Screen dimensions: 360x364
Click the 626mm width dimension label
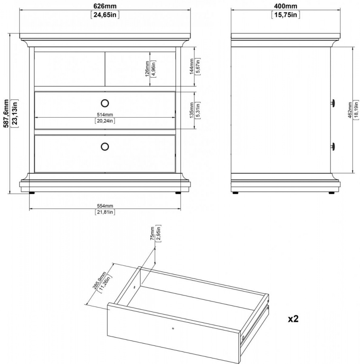pos(105,6)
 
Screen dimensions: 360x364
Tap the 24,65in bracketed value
pos(105,15)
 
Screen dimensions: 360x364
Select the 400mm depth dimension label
pos(286,6)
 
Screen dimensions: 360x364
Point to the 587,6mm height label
pos(6,114)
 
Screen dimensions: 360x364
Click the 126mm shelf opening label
pos(147,69)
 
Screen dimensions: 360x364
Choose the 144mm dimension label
pos(191,66)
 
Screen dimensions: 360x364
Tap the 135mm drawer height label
pos(191,110)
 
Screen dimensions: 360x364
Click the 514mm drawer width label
pos(105,115)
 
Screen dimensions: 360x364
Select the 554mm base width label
pos(105,206)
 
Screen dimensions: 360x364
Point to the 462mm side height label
pos(350,110)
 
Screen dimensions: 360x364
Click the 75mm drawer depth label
pos(152,233)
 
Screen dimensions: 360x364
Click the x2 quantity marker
pos(293,319)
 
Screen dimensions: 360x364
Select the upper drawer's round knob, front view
pos(105,103)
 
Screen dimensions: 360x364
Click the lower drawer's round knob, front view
pos(105,146)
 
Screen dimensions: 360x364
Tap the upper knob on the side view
pos(333,103)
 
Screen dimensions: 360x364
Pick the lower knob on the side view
pos(333,146)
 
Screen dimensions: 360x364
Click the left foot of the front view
pos(32,193)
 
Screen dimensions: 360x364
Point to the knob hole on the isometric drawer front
pos(173,328)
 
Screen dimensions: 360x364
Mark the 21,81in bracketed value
pos(105,212)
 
